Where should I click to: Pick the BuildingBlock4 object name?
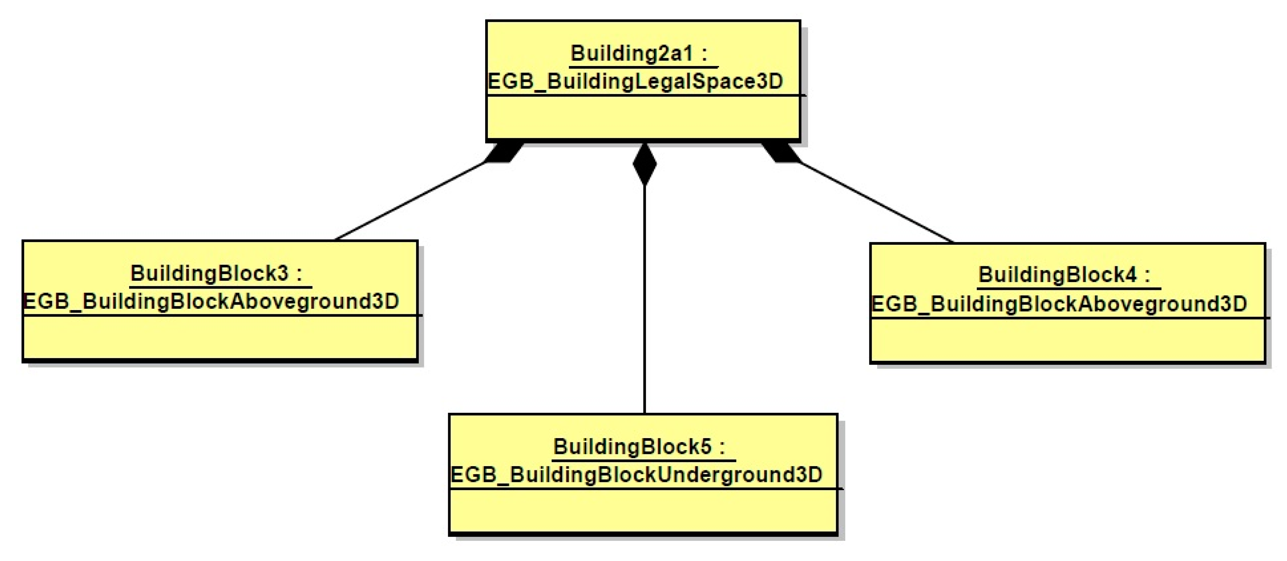coord(1057,275)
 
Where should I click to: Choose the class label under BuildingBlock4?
coord(1059,304)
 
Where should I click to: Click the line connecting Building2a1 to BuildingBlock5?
coord(644,300)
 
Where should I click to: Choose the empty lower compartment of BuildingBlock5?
coord(643,511)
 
